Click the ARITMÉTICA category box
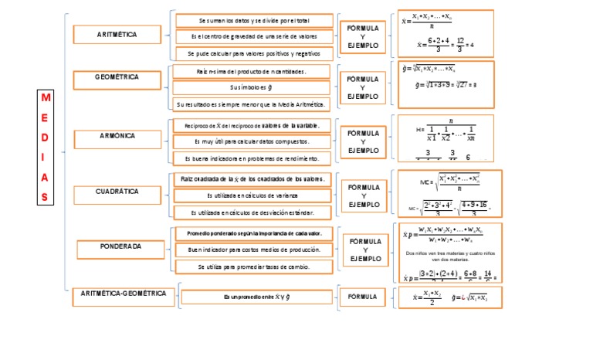[x=116, y=35]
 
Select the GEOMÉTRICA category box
[x=116, y=78]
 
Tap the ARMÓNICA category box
[x=116, y=137]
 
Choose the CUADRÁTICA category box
[x=116, y=192]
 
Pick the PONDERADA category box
[x=120, y=248]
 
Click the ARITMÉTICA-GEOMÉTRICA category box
[x=124, y=294]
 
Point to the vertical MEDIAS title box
[x=46, y=147]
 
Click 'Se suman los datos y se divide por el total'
[x=254, y=20]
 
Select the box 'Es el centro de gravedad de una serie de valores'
[x=254, y=36]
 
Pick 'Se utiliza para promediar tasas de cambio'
[x=253, y=266]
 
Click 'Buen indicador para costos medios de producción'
[x=253, y=250]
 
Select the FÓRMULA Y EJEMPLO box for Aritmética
[x=362, y=36]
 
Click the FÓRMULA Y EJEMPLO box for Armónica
[x=362, y=142]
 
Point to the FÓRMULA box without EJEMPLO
[x=362, y=297]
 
